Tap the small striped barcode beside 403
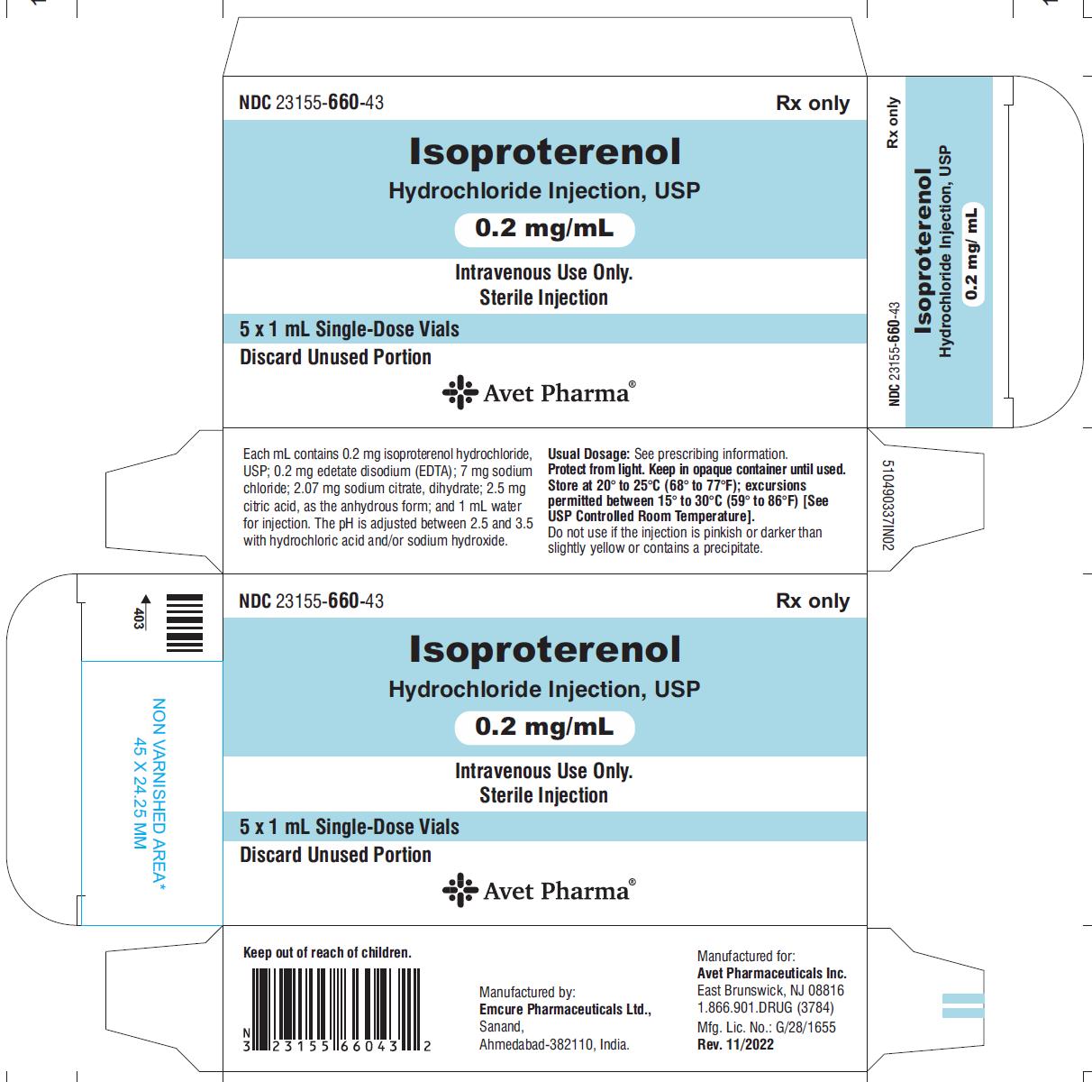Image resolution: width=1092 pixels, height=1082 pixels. pos(184,622)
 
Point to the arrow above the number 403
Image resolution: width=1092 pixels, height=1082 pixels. pos(146,601)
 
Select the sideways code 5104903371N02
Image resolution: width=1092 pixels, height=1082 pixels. pos(888,505)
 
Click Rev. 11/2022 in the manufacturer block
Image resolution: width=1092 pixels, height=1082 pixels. pos(735,1044)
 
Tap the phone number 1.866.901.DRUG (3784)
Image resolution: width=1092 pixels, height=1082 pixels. pos(765,1008)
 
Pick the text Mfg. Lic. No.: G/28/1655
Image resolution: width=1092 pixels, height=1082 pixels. pos(766,1027)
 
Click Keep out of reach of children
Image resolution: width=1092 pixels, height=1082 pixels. pos(327,953)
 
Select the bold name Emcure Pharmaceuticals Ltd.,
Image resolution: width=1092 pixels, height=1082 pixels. pos(565,1009)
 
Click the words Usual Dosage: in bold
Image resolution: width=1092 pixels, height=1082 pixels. pos(588,454)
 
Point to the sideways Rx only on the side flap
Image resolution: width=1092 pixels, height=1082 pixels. pos(893,123)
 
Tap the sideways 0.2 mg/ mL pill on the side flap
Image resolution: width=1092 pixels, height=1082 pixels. pos(973,254)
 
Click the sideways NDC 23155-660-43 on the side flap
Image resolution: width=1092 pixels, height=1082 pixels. pos(894,354)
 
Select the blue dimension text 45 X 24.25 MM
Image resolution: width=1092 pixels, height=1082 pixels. pos(140,793)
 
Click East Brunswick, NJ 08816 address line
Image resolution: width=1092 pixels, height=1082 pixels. pos(770,991)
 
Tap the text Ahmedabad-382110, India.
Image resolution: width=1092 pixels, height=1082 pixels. pos(554,1044)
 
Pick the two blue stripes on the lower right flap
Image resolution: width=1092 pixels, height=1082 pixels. pos(963,1005)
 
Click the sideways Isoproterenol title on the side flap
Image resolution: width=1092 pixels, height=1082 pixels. pos(924,251)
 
